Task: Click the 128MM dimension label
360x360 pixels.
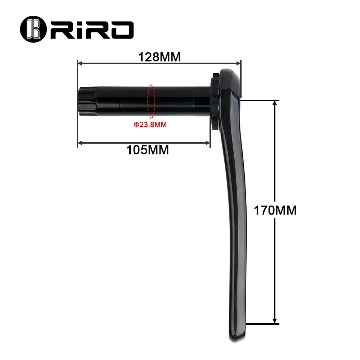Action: point(159,57)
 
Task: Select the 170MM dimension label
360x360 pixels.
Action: point(275,210)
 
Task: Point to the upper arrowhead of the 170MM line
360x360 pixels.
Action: point(275,103)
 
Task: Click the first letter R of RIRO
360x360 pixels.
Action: point(59,28)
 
